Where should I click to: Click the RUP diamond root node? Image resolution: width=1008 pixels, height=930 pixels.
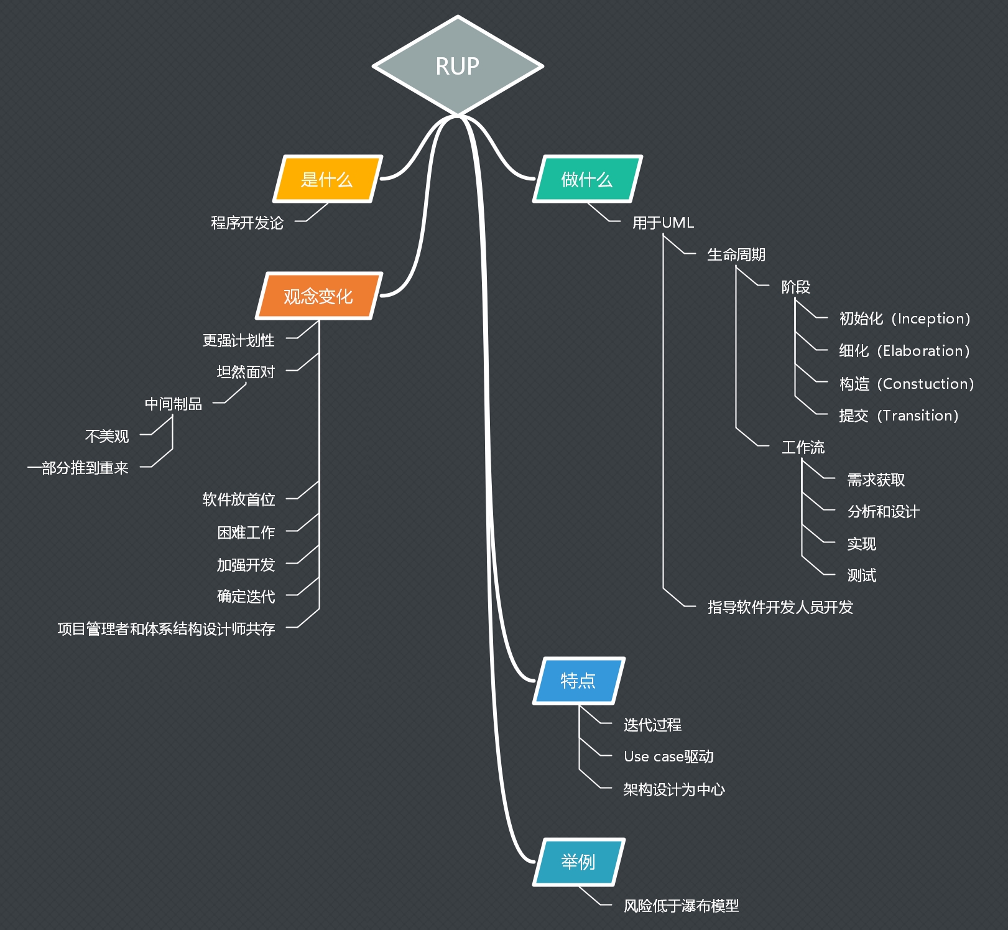coord(458,66)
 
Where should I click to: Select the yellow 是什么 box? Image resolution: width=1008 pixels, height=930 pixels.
coord(327,179)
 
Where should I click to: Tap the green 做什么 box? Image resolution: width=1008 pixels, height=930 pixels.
coord(587,179)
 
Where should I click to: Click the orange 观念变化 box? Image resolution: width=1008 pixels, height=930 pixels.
coord(318,296)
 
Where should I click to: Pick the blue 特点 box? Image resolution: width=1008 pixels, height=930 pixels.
coord(578,681)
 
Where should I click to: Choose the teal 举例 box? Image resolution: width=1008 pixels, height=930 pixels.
coord(578,862)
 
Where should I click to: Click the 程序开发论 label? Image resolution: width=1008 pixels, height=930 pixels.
coord(247,223)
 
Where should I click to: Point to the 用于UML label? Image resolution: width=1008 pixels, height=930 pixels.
coord(663,223)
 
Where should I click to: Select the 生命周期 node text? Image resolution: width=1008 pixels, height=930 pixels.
coord(736,254)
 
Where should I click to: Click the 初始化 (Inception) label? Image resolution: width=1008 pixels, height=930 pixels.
coord(905,319)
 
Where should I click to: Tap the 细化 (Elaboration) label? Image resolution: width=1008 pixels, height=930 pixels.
coord(904,351)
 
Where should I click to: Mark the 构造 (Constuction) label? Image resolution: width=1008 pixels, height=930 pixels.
coord(907,384)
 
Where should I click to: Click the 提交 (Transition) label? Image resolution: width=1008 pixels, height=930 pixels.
coord(899,416)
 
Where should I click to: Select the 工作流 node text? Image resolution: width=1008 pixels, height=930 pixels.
coord(803,447)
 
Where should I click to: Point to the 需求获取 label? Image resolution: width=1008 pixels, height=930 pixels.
coord(876,480)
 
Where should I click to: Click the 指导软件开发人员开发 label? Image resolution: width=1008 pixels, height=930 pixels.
coord(780,607)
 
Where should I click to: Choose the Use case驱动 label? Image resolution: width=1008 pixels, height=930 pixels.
coord(668,756)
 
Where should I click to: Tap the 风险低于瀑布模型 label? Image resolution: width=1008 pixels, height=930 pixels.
coord(682,906)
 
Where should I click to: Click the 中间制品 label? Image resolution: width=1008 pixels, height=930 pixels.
coord(173,404)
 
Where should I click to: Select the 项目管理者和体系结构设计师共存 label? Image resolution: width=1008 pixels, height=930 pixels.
coord(166,629)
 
